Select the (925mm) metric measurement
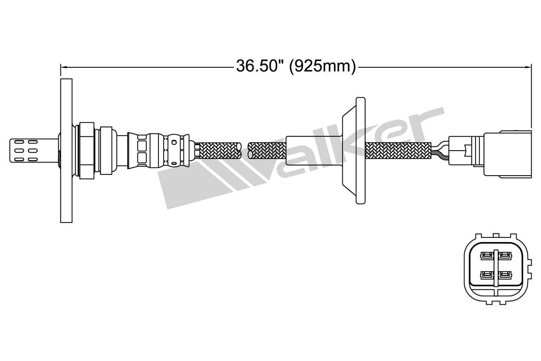[322, 66]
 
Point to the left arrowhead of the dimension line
[63, 66]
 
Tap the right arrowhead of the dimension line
[528, 66]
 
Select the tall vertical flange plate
[66, 150]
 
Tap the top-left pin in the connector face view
[486, 256]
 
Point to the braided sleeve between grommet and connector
[397, 150]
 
